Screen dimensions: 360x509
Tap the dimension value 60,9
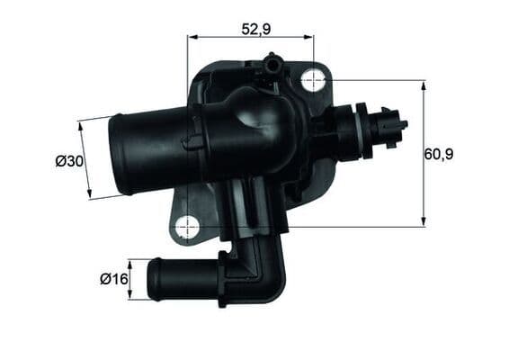[438, 154]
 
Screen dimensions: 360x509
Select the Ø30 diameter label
[69, 161]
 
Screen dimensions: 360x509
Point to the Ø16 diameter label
[114, 279]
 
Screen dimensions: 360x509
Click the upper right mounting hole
[313, 80]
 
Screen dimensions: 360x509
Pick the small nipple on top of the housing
[269, 63]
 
